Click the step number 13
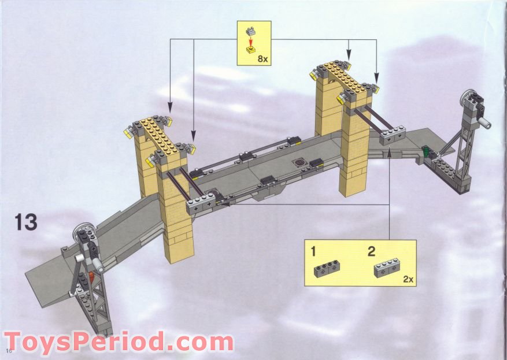click(x=26, y=222)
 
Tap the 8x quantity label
click(x=262, y=58)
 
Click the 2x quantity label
click(x=408, y=279)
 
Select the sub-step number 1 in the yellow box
click(x=313, y=251)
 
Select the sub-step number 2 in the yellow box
click(x=372, y=251)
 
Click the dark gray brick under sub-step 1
click(x=327, y=269)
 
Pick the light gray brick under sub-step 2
click(x=387, y=268)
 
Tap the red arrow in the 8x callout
click(x=250, y=42)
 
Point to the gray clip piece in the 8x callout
click(x=250, y=31)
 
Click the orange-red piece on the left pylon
click(x=91, y=277)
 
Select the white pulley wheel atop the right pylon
click(x=465, y=97)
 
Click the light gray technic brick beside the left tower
click(x=201, y=204)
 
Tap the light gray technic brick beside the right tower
click(x=393, y=136)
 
